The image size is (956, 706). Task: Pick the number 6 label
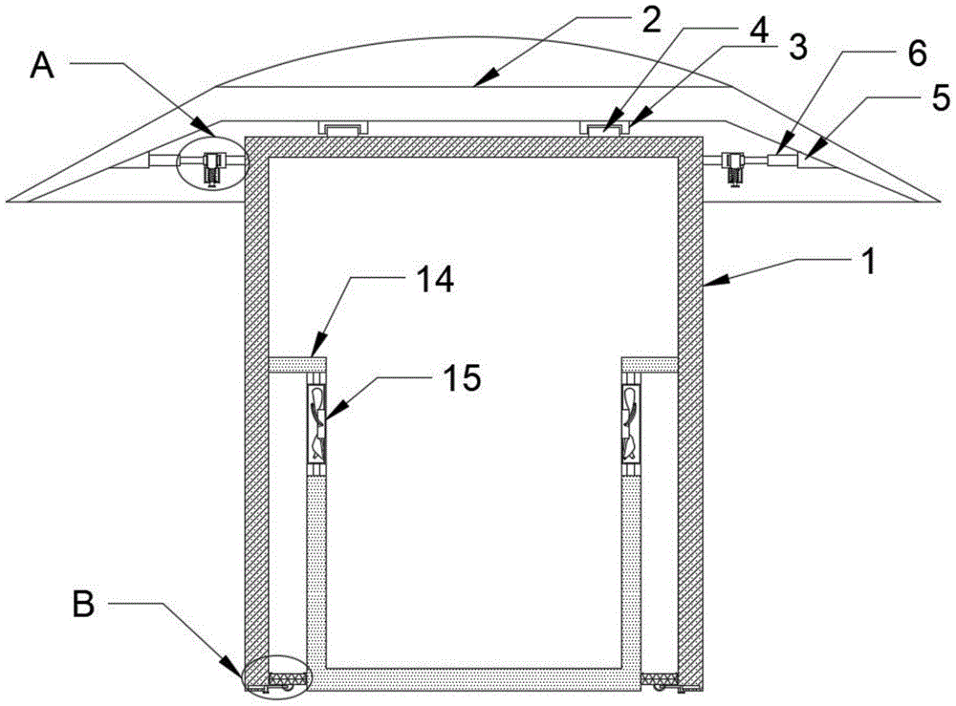pos(917,54)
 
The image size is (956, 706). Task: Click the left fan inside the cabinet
pos(316,425)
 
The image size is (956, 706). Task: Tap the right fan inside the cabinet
pos(631,425)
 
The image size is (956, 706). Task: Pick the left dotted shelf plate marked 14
pos(297,364)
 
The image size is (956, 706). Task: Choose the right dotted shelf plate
pos(650,364)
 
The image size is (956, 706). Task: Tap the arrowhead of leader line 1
pos(708,284)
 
